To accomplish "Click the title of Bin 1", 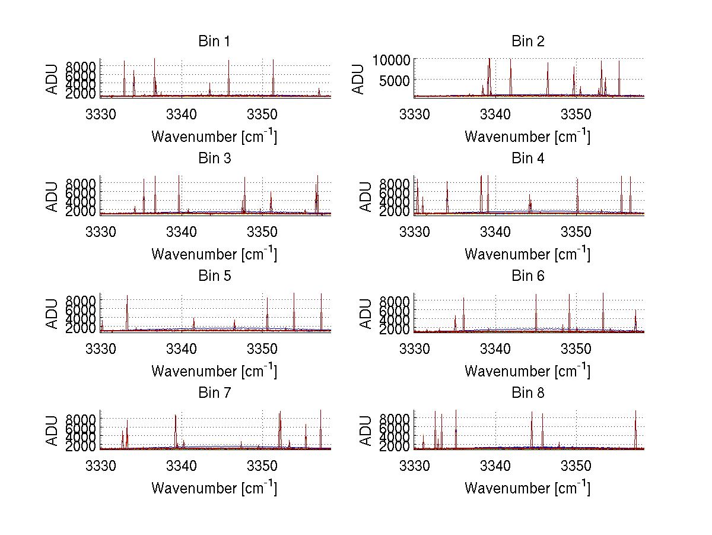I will [x=214, y=41].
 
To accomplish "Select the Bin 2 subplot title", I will [x=527, y=41].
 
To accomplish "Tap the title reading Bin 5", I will [x=214, y=276].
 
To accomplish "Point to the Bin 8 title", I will [x=527, y=392].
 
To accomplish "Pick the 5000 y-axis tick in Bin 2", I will [x=395, y=79].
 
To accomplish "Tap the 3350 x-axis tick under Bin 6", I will [x=576, y=347].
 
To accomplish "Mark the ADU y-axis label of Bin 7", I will [x=53, y=430].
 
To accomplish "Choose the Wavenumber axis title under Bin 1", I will [x=214, y=136].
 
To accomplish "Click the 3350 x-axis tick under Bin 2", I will [x=576, y=113].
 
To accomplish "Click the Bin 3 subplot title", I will [x=214, y=159].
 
